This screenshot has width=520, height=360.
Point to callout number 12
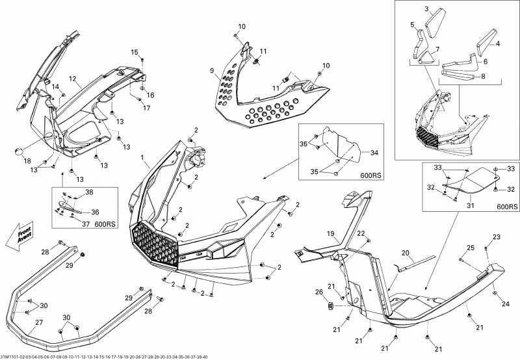pyautogui.click(x=73, y=79)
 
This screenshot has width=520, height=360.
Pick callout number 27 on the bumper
pyautogui.click(x=40, y=322)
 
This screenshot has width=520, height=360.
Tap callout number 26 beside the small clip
pyautogui.click(x=318, y=292)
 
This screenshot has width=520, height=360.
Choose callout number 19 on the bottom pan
pyautogui.click(x=330, y=233)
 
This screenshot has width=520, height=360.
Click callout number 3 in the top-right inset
pyautogui.click(x=427, y=9)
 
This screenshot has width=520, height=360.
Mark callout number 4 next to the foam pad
pyautogui.click(x=497, y=44)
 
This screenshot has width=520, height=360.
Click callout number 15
pyautogui.click(x=135, y=52)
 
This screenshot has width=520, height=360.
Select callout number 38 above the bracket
pyautogui.click(x=89, y=192)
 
